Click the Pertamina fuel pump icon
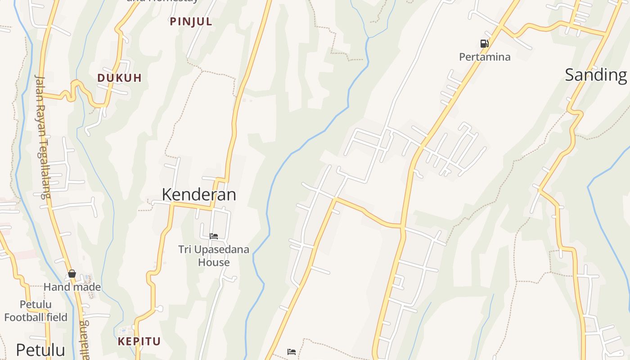[484, 44]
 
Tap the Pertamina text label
[485, 57]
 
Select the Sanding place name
[596, 75]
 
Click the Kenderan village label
[199, 194]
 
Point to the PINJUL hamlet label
[191, 22]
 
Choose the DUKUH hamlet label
[120, 78]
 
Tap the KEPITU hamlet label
[139, 342]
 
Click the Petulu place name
[40, 350]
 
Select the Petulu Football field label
[36, 311]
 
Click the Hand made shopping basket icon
[72, 274]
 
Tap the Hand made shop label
[72, 287]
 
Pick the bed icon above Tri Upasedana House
[214, 236]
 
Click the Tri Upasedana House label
[214, 256]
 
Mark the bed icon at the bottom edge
[292, 352]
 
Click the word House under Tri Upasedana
[214, 262]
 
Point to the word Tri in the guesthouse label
[184, 249]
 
